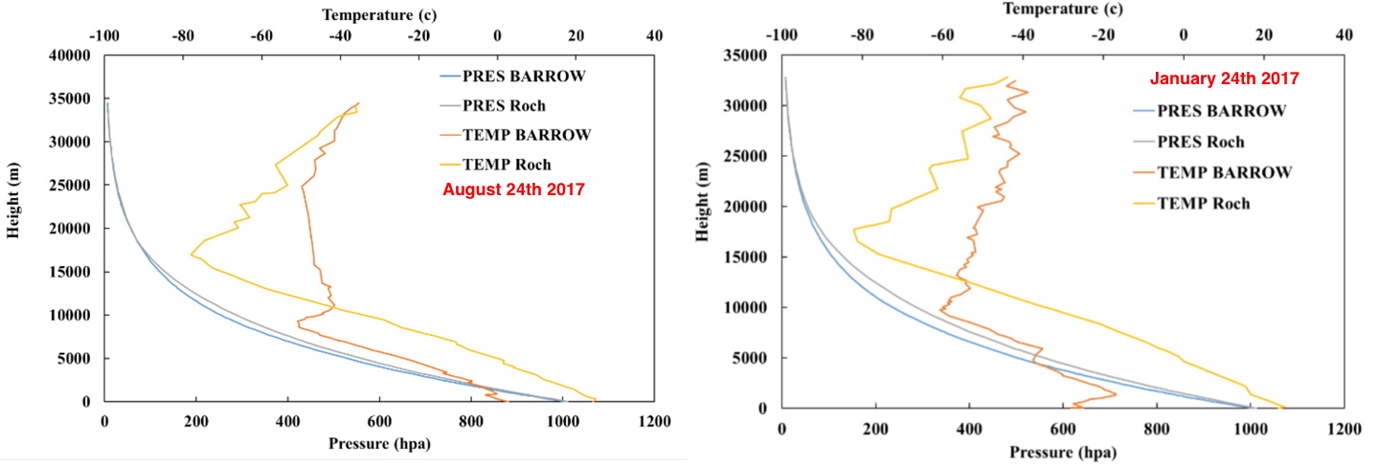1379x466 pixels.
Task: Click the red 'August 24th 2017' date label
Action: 513,189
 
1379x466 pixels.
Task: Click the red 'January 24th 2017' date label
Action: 1225,78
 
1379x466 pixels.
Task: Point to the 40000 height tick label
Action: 70,55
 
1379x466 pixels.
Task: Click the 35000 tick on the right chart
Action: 746,55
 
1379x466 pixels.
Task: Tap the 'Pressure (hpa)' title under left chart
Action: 379,444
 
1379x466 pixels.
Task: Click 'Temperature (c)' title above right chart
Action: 1063,9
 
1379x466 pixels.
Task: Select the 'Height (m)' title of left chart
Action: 13,200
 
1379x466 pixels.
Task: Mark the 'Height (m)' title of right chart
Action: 703,202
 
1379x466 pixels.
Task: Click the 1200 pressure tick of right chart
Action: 1344,429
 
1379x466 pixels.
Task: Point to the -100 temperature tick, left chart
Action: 104,35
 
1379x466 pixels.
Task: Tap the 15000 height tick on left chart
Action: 70,273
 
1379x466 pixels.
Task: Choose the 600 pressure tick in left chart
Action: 379,422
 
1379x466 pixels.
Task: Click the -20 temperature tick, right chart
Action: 1103,34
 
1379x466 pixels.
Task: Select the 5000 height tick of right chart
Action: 750,358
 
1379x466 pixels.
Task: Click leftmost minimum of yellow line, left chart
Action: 192,254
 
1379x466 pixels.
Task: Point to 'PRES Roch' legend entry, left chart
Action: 504,106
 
